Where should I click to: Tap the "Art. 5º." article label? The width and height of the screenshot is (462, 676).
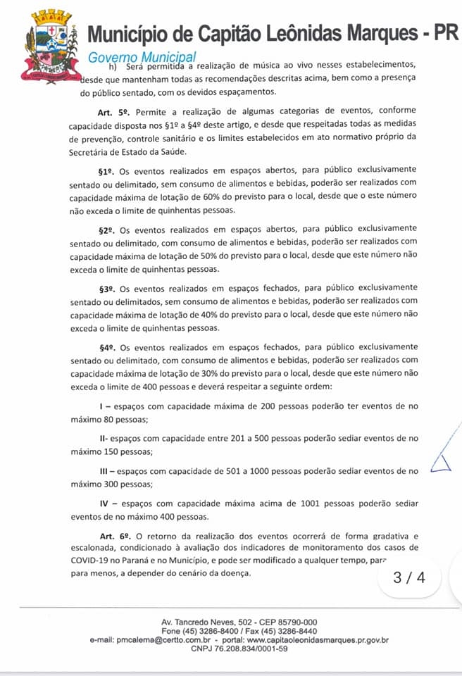[114, 111]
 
